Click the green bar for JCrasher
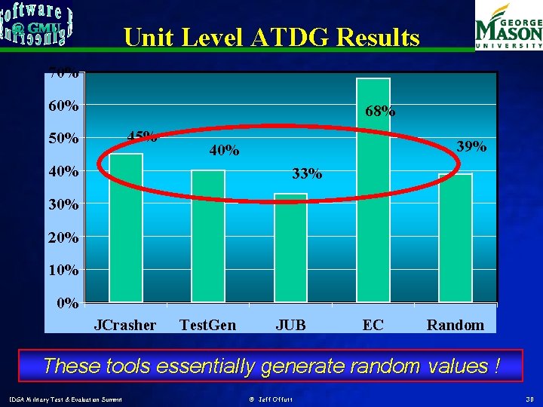click(126, 228)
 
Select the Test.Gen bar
click(208, 236)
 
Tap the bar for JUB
click(290, 248)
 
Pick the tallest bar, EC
click(373, 190)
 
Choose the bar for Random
click(455, 237)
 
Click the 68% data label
click(379, 111)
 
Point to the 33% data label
click(307, 174)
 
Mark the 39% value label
click(472, 146)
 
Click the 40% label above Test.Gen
click(225, 151)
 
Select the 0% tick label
click(68, 303)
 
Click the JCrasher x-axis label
click(125, 325)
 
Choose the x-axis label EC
click(373, 325)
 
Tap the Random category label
click(455, 325)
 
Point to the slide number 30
click(530, 397)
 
